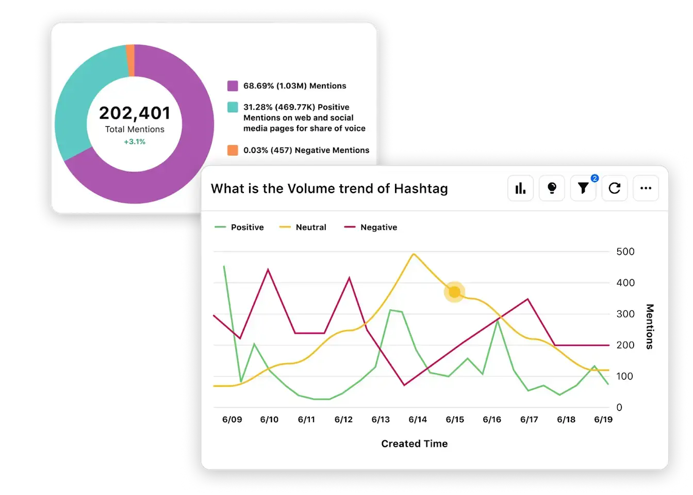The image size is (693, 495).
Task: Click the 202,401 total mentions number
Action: click(135, 113)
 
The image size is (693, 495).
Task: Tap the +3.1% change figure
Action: click(135, 142)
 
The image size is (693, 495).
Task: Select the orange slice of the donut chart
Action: click(130, 60)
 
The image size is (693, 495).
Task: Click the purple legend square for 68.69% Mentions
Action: click(233, 86)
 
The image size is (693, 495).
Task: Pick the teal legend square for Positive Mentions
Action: click(233, 107)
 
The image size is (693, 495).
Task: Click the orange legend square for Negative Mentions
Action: click(233, 150)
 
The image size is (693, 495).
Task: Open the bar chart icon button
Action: click(520, 188)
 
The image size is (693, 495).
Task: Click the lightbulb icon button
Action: click(552, 188)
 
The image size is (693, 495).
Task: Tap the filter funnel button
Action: click(583, 188)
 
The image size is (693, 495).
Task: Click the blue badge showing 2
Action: click(595, 178)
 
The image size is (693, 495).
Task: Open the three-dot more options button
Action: click(646, 188)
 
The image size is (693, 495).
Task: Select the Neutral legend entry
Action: click(303, 227)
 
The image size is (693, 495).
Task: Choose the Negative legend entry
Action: click(371, 227)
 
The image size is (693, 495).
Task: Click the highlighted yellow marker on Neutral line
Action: click(454, 292)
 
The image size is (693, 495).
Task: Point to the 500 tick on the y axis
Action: click(625, 252)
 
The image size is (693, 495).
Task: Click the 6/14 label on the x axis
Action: click(418, 420)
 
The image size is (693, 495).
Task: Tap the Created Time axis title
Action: click(414, 444)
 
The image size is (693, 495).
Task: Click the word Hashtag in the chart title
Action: click(421, 189)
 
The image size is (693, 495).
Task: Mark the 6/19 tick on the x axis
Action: click(603, 420)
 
